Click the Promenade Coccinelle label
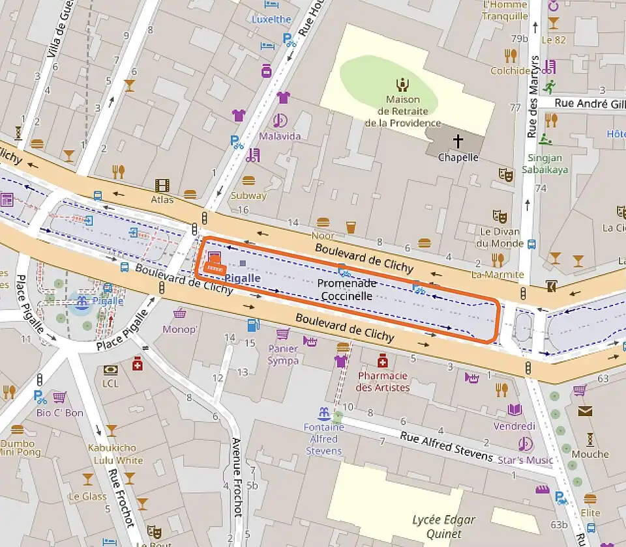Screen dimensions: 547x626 tap(347, 290)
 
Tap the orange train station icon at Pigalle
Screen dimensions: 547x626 tap(214, 262)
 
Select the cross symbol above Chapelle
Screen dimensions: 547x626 tap(458, 141)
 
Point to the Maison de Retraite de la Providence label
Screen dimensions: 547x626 tap(402, 111)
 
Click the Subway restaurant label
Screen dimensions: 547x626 tap(248, 195)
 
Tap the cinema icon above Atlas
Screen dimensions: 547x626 tap(162, 186)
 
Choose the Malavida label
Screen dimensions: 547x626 tap(280, 136)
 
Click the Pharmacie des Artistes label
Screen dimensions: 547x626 tap(383, 382)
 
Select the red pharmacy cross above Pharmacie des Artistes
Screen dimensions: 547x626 tap(383, 360)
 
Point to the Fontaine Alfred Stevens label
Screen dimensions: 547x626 tap(323, 439)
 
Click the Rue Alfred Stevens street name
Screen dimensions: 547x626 tap(447, 446)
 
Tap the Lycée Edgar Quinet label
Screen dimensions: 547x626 tap(443, 526)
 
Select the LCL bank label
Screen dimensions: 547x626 tap(111, 384)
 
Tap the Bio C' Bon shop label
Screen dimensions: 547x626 tap(60, 413)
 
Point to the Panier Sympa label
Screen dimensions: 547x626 tap(283, 355)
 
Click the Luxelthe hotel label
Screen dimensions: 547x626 tap(271, 20)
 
